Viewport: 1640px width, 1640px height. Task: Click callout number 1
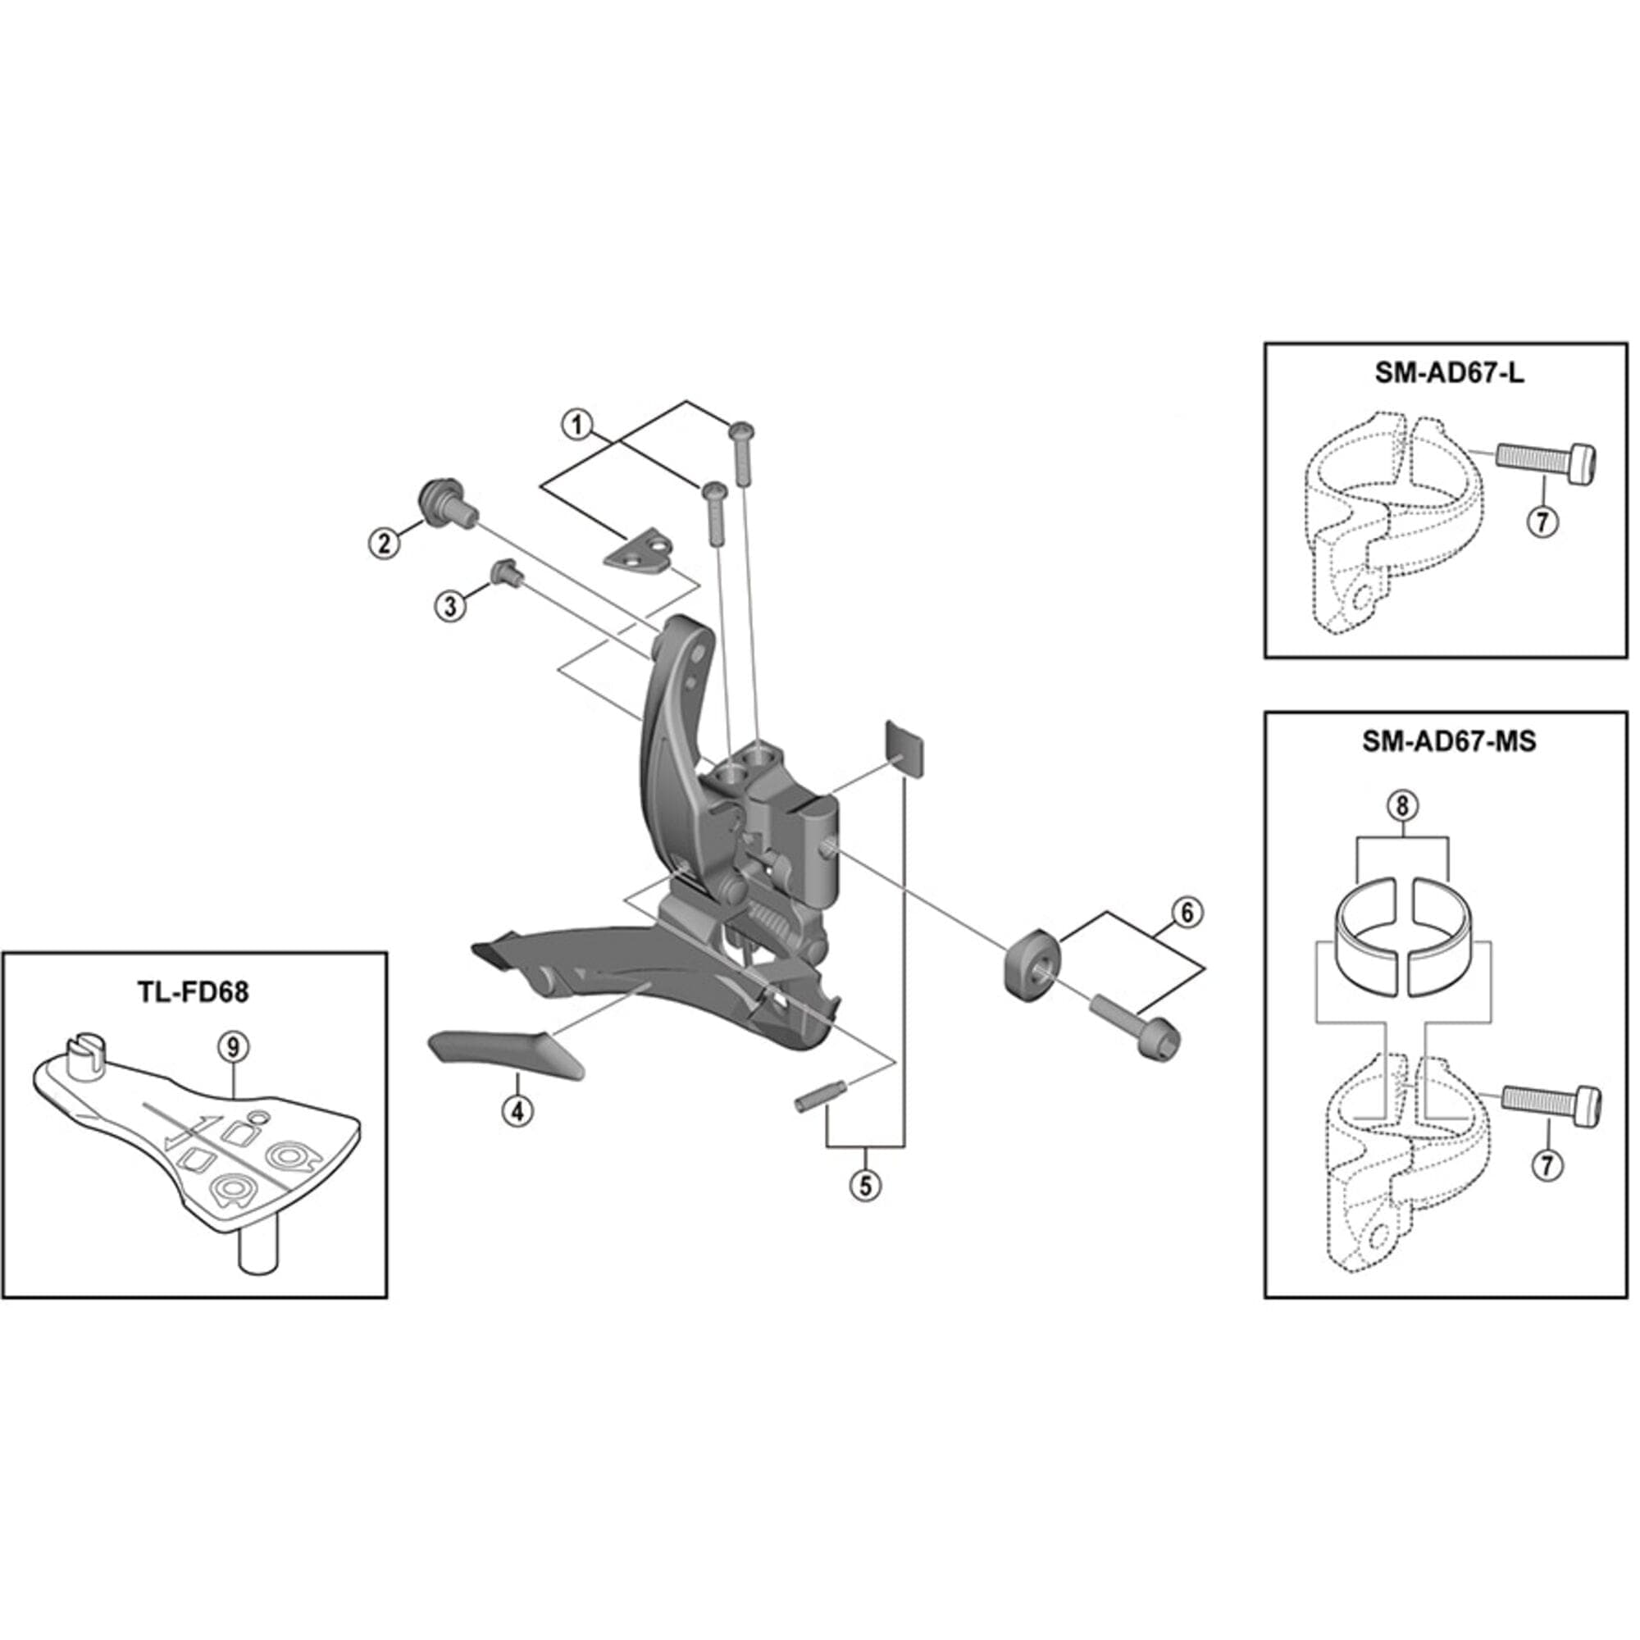tap(578, 424)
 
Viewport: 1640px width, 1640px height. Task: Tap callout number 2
tap(385, 541)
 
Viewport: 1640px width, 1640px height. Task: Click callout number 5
tap(865, 1185)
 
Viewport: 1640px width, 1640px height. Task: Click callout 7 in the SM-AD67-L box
tap(1542, 520)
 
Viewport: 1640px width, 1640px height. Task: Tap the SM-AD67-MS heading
tap(1449, 741)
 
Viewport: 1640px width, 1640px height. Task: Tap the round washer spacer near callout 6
tap(1032, 969)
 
